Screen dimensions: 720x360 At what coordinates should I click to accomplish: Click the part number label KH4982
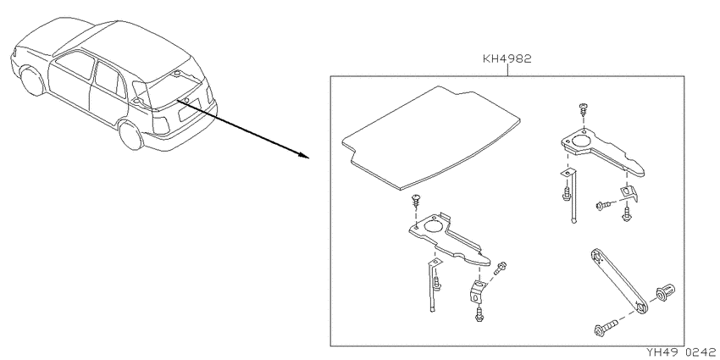507,59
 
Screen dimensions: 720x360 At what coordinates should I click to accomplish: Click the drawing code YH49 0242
681,352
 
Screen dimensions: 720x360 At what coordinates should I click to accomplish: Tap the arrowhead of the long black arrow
304,156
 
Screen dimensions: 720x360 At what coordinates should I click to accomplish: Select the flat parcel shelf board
432,138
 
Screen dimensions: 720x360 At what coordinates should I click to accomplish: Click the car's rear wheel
130,134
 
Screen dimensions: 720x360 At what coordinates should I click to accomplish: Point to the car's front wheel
32,80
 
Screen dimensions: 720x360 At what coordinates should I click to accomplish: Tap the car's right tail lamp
160,125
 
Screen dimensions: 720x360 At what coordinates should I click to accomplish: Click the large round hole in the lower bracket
434,225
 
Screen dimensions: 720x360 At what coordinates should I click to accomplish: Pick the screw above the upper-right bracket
583,110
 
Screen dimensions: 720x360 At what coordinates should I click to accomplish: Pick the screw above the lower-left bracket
416,200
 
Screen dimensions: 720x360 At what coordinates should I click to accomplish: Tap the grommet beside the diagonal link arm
664,292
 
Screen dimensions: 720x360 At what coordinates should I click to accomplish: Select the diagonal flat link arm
618,281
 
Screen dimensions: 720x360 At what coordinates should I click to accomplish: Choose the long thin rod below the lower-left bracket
433,285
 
